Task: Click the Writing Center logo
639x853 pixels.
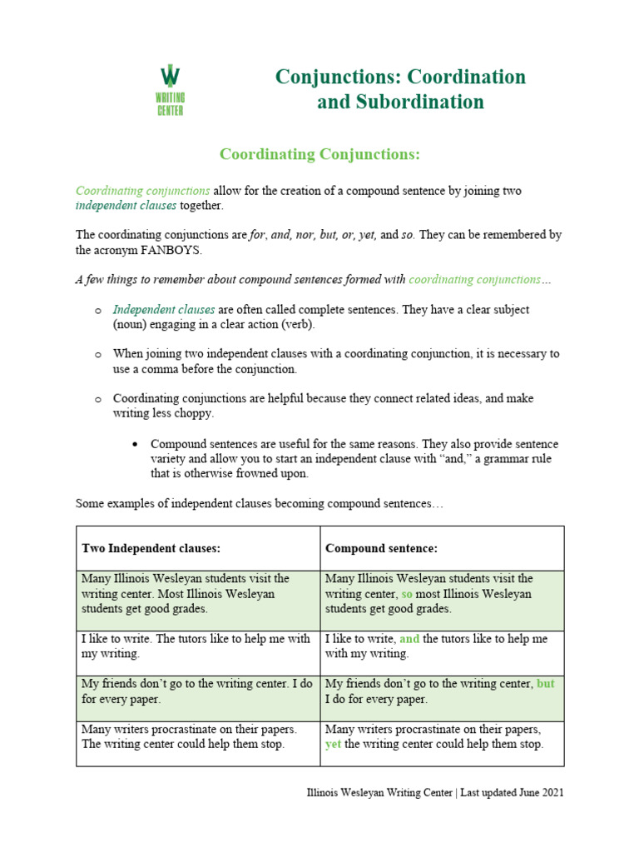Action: (171, 89)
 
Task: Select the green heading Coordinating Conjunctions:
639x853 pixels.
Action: (319, 155)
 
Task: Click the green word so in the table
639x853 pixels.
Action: (407, 594)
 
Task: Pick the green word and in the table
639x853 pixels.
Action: (409, 639)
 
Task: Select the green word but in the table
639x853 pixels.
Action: (545, 684)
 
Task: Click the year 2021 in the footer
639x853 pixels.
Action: (550, 793)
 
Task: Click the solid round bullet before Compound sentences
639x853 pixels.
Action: (135, 444)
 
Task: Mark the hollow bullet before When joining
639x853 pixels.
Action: (97, 354)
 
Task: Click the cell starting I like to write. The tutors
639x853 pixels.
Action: (198, 646)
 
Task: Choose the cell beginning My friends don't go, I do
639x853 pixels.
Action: (198, 691)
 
